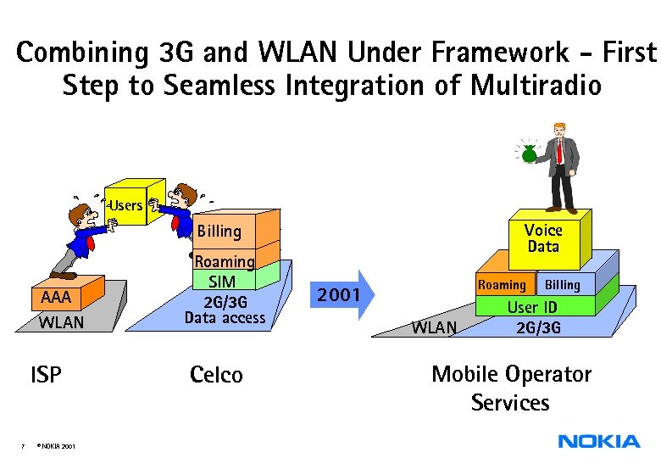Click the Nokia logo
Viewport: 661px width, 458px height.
[x=598, y=441]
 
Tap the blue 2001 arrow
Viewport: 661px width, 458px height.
[x=339, y=295]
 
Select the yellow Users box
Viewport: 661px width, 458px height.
[x=128, y=204]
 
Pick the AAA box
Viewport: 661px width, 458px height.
[x=58, y=298]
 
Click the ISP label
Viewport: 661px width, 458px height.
[x=46, y=374]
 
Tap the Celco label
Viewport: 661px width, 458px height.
[x=216, y=374]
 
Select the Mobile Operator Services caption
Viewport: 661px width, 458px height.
[x=511, y=388]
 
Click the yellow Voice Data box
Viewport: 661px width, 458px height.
[x=543, y=238]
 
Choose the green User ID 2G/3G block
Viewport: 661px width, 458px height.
[x=532, y=316]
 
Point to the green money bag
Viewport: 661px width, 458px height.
[x=530, y=154]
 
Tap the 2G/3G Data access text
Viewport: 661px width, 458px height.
[x=225, y=310]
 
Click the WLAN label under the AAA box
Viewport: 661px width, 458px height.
[x=61, y=322]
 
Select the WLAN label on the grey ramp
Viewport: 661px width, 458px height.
[x=433, y=327]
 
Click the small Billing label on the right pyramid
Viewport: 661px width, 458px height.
[x=562, y=285]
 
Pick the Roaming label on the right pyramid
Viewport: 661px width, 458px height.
[x=502, y=285]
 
